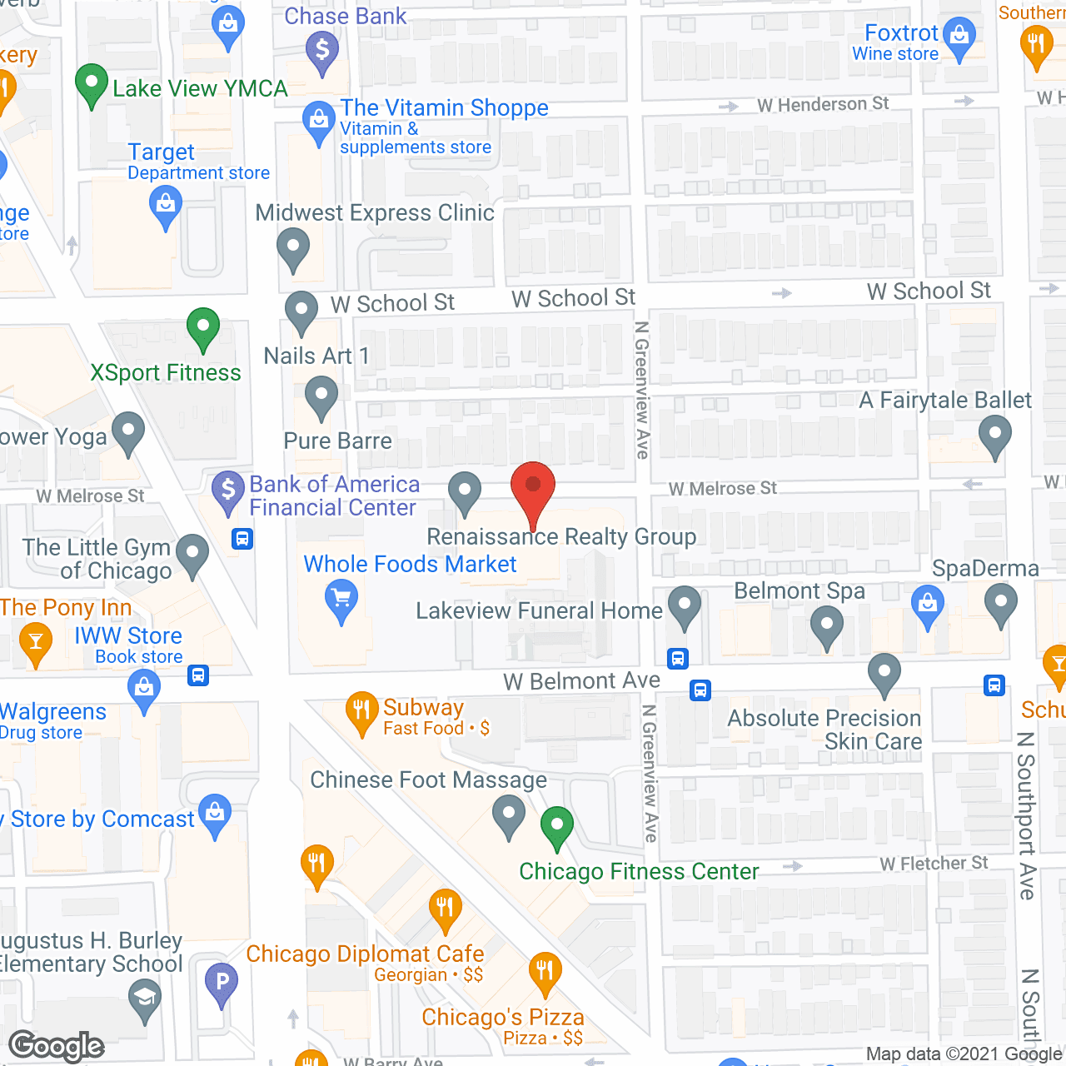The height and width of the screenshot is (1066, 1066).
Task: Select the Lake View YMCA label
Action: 200,88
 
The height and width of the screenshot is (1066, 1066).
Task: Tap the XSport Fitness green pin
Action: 203,328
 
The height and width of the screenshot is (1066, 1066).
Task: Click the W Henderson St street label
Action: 823,104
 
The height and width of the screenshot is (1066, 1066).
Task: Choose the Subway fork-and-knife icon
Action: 361,711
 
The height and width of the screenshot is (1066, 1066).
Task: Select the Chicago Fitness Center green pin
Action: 557,827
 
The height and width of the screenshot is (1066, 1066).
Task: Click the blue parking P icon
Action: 222,983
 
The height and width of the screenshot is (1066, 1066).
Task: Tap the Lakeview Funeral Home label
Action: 539,610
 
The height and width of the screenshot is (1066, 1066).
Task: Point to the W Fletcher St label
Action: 934,864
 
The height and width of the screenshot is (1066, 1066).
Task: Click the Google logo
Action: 57,1046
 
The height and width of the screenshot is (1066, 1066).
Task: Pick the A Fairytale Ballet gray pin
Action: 994,435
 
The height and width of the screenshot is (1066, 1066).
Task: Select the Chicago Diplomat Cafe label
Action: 365,954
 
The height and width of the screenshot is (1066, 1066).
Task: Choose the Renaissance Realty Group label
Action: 561,537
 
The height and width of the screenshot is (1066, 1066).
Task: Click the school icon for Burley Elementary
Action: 145,998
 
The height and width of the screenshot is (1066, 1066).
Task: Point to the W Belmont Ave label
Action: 581,681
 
